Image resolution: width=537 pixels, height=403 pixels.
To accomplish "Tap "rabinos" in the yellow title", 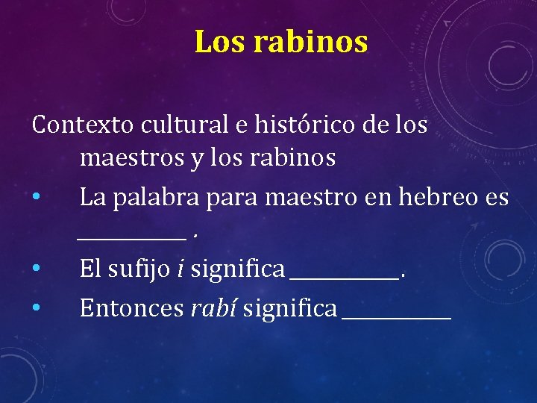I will tap(310, 43).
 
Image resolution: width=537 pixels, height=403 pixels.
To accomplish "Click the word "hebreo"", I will tap(439, 197).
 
